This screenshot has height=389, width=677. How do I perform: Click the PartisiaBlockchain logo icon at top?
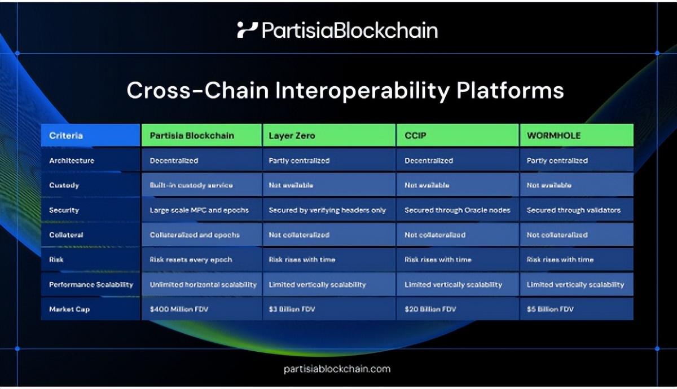tap(247, 30)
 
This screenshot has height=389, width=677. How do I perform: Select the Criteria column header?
tap(66, 135)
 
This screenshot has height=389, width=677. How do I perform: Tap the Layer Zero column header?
tap(292, 135)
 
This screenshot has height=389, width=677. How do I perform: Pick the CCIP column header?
tap(415, 135)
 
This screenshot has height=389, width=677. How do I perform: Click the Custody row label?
tap(64, 185)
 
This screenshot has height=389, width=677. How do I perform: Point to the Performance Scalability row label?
tap(91, 284)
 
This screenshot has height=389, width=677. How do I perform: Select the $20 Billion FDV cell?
tap(430, 309)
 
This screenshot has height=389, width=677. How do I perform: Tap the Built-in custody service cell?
tap(191, 185)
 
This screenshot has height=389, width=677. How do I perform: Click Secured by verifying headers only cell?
tap(327, 210)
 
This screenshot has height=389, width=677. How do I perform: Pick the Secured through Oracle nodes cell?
tap(457, 210)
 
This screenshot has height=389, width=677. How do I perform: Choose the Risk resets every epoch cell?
tap(191, 259)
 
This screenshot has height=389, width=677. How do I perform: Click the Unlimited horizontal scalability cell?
tap(203, 284)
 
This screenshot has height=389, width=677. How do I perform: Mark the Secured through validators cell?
tap(573, 210)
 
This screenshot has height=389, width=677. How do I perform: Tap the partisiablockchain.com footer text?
tap(337, 369)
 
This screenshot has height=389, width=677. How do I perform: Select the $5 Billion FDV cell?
tap(550, 309)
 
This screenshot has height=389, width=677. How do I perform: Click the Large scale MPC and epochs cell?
tap(199, 210)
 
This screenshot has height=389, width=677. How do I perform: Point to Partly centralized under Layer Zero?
tap(299, 160)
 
